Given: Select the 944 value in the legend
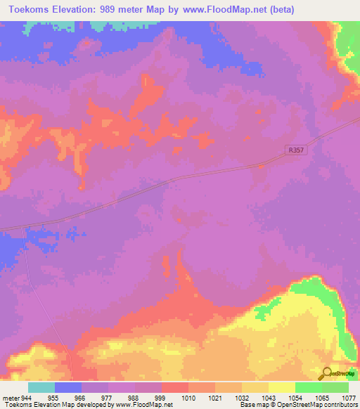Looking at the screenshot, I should (x=28, y=397).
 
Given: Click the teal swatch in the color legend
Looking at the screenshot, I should (x=41, y=387).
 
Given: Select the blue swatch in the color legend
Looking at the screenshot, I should (x=68, y=387).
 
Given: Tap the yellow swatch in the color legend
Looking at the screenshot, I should (x=282, y=387).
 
